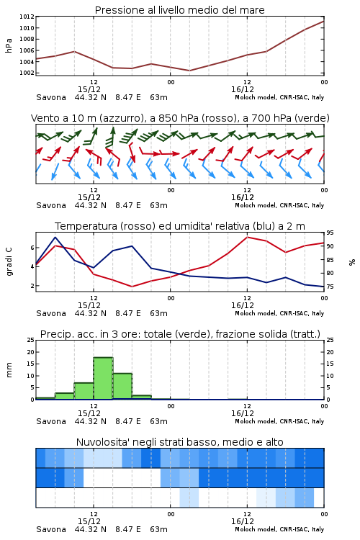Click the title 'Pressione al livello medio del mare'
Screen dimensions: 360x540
pos(179,10)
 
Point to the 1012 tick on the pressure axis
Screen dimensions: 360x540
pos(27,17)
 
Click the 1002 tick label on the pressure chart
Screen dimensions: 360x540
pos(27,73)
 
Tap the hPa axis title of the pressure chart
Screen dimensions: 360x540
pos(9,45)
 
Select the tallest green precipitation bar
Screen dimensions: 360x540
pos(104,379)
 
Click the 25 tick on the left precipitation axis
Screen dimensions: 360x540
pos(31,341)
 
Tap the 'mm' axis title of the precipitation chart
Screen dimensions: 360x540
pos(9,370)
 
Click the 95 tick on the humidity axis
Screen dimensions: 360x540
pos(330,233)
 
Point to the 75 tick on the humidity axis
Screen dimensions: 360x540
pos(330,287)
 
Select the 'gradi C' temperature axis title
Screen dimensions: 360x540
pos(9,262)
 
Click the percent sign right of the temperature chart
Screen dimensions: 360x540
pos(352,262)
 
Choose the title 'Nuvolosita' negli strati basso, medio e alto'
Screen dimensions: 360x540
pos(179,442)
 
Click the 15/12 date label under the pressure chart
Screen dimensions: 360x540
pos(89,89)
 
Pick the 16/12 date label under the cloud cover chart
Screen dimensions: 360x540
pos(243,521)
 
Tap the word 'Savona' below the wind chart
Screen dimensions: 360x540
pos(51,206)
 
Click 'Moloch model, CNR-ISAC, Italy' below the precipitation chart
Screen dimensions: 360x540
pos(279,421)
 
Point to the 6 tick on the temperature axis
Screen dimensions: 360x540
pos(32,248)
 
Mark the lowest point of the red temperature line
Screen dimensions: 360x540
pos(132,287)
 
